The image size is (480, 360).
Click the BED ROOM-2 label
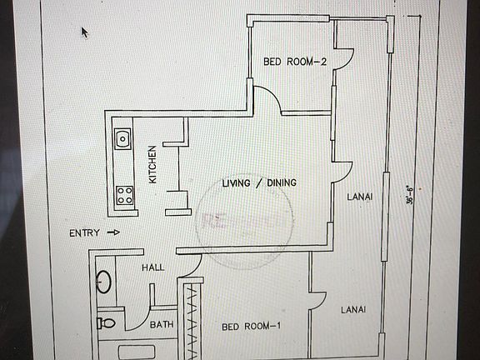tap(294, 61)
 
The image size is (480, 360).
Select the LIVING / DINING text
tap(259, 182)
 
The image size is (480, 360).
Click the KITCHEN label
tap(152, 163)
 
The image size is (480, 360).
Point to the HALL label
tap(152, 267)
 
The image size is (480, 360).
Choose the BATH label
tap(162, 325)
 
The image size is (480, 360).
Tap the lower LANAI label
tap(353, 309)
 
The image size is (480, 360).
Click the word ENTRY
tap(85, 233)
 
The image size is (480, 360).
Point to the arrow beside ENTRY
tap(114, 233)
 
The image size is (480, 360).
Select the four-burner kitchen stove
tap(124, 195)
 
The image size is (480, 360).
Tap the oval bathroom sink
tap(104, 281)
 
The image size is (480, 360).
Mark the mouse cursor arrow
tap(84, 32)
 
